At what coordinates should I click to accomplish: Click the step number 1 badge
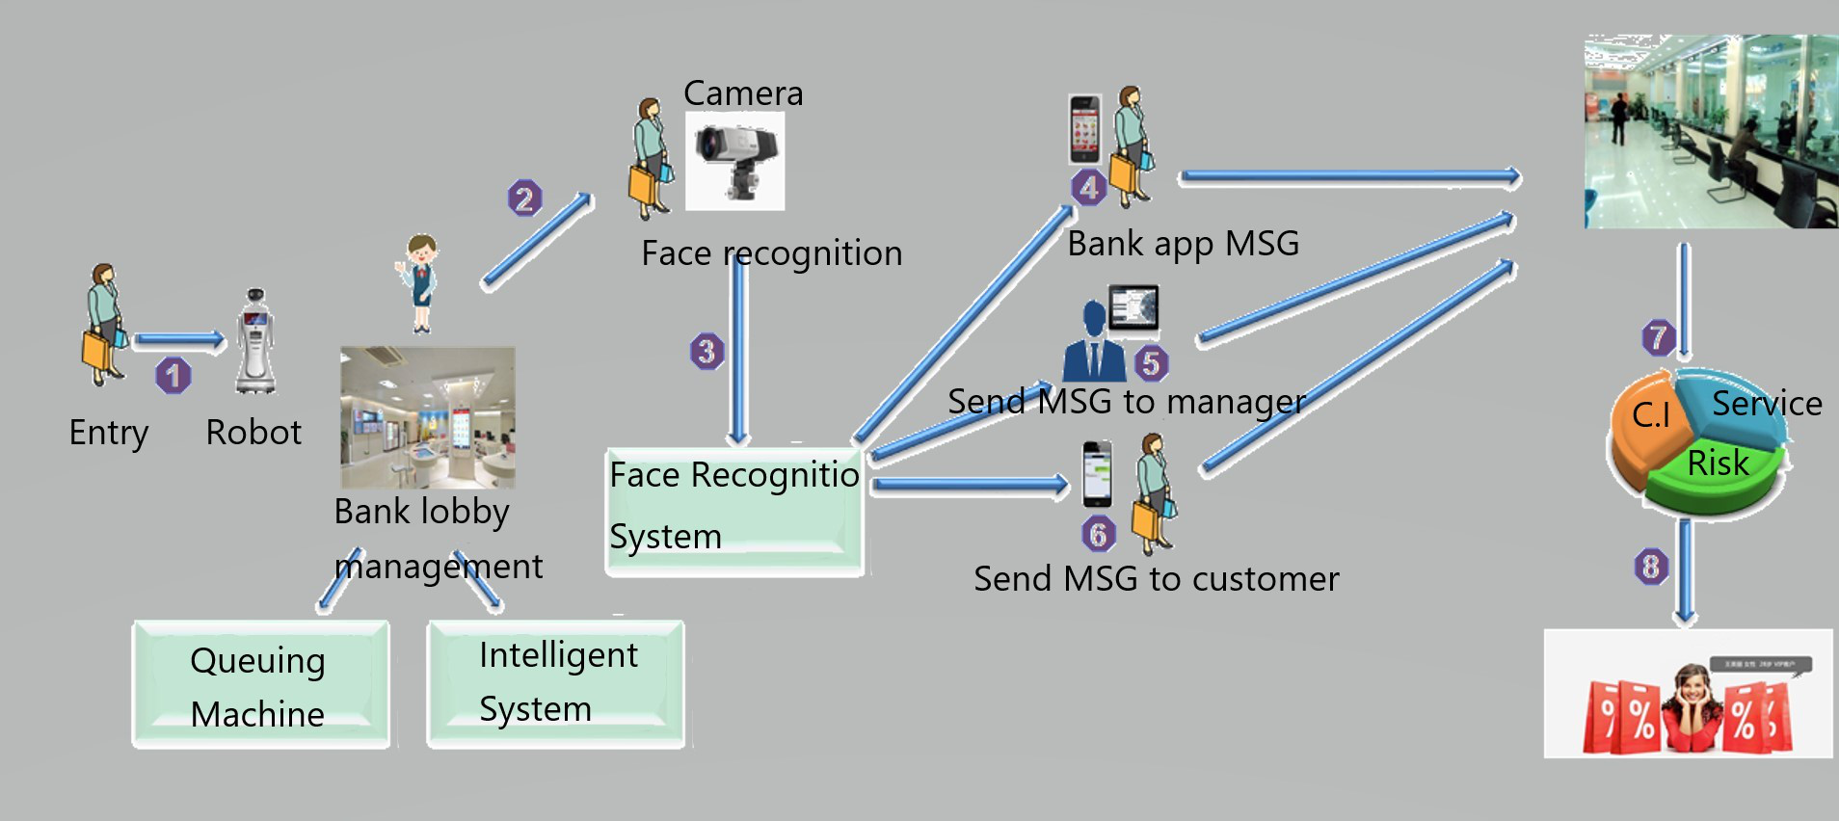tap(173, 375)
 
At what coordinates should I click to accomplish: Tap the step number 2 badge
tap(524, 199)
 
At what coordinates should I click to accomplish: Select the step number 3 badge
tap(706, 351)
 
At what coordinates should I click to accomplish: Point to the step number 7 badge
tap(1658, 337)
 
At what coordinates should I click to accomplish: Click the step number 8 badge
tap(1651, 566)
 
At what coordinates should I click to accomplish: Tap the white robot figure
tap(255, 341)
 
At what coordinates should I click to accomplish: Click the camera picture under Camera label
tap(734, 161)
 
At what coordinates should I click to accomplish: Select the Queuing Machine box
tap(260, 685)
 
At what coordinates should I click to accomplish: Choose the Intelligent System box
tap(556, 683)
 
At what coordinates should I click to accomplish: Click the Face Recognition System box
tap(734, 511)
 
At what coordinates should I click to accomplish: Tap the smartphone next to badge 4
tap(1084, 129)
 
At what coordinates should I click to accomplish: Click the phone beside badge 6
tap(1097, 474)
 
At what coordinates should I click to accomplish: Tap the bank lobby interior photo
tap(428, 417)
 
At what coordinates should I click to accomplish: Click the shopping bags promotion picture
tap(1688, 694)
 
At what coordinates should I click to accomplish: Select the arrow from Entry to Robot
tap(179, 339)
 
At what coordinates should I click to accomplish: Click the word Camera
tap(743, 93)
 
